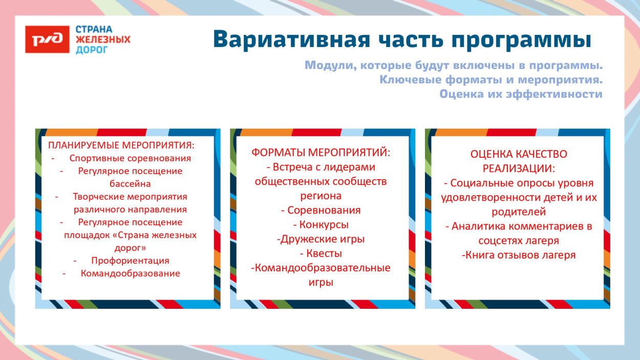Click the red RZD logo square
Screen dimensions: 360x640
[x=47, y=39]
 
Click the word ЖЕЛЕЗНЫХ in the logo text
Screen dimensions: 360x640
[x=103, y=39]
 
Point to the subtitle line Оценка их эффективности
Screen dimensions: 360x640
[x=521, y=94]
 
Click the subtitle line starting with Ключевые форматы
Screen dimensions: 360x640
[x=491, y=80]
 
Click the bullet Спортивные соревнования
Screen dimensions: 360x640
[x=130, y=158]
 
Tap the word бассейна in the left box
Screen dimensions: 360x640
[x=130, y=183]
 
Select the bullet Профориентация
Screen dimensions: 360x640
[x=130, y=261]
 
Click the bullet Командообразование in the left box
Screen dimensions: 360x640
[x=130, y=273]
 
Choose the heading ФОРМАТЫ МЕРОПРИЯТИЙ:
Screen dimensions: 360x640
[x=321, y=153]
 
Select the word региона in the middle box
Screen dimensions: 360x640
[x=321, y=196]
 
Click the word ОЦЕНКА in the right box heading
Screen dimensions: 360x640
[x=490, y=154]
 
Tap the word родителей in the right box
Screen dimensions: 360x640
[x=519, y=211]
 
